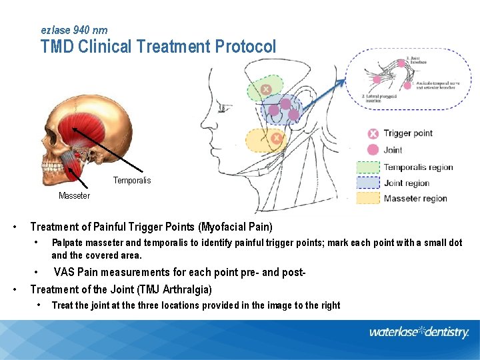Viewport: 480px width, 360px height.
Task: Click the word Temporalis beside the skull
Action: click(x=132, y=181)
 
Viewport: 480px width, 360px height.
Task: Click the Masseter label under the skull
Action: click(x=74, y=196)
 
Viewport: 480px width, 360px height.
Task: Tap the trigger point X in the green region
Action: click(x=265, y=89)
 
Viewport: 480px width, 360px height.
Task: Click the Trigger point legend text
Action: click(x=408, y=133)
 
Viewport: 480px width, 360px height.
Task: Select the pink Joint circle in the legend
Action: click(x=373, y=150)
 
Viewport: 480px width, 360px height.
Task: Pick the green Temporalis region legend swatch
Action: click(x=368, y=167)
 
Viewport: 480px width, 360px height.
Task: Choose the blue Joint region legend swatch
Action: click(x=368, y=183)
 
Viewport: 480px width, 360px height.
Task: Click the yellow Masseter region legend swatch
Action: click(x=368, y=198)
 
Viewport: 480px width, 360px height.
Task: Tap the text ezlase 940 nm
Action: click(x=74, y=30)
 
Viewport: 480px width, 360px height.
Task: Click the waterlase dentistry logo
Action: click(x=419, y=332)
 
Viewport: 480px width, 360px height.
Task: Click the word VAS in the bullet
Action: click(x=65, y=272)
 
